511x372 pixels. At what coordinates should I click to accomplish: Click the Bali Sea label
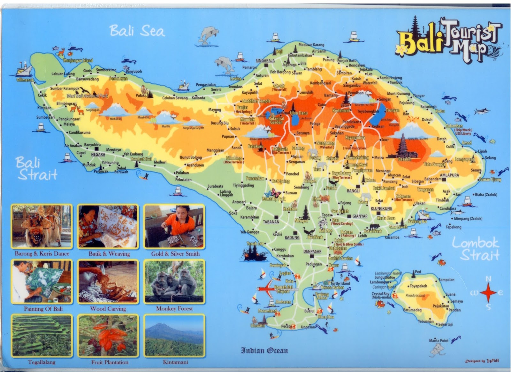137,31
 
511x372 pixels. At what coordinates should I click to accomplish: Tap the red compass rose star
488,292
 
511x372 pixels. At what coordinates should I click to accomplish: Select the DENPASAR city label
312,252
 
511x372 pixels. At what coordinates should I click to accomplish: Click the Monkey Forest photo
174,282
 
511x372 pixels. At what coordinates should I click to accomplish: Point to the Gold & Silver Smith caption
175,254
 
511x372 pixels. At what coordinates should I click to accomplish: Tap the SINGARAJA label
265,60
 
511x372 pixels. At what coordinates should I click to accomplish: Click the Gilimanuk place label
25,80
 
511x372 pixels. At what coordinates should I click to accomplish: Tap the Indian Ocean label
264,351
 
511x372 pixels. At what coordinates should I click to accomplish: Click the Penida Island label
415,295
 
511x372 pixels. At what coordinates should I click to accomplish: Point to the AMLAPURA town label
449,175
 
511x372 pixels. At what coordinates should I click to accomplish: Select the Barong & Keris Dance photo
42,227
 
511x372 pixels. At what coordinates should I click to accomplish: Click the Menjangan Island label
78,60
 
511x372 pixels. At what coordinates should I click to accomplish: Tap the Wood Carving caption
108,309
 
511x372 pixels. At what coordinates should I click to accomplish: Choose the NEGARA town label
98,154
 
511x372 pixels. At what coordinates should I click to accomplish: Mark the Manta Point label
439,340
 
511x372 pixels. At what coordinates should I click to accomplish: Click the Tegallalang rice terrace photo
42,336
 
